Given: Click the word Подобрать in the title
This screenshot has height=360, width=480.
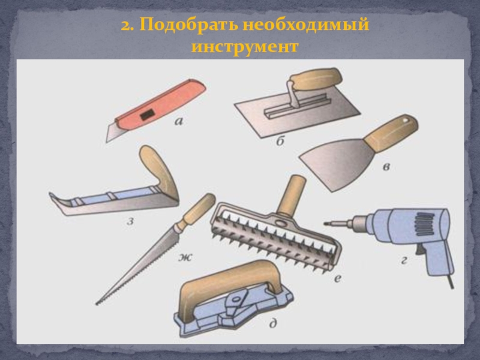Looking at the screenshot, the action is click(x=188, y=25).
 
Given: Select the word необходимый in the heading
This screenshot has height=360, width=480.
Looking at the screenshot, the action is click(x=306, y=25).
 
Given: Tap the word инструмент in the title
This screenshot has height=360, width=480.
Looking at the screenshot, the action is click(x=245, y=47).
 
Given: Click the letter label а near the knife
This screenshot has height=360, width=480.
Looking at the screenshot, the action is click(x=179, y=122).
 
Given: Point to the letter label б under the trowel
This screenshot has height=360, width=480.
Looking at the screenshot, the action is click(x=280, y=141).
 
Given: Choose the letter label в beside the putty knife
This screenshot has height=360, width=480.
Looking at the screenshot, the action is click(x=386, y=167).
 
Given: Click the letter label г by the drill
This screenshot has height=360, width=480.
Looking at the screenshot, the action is click(x=404, y=260).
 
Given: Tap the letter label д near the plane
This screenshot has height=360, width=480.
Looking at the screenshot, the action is click(x=273, y=323).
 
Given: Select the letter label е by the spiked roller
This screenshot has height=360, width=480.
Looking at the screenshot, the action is click(x=337, y=278).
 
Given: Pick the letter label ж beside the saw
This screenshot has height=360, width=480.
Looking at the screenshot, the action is click(x=185, y=257).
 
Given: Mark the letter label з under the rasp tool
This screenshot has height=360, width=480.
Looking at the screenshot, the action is click(x=130, y=221).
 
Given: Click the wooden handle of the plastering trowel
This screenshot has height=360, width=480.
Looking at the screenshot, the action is click(x=316, y=79).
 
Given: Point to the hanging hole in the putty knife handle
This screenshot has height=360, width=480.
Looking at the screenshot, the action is click(x=406, y=121).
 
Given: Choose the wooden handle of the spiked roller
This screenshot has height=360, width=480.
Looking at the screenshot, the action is click(x=291, y=195).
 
